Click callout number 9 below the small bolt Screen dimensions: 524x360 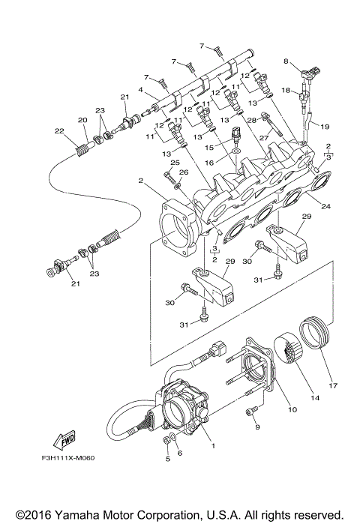click(256, 427)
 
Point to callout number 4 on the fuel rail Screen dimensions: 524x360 click(139, 91)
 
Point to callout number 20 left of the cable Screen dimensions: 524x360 click(82, 120)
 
